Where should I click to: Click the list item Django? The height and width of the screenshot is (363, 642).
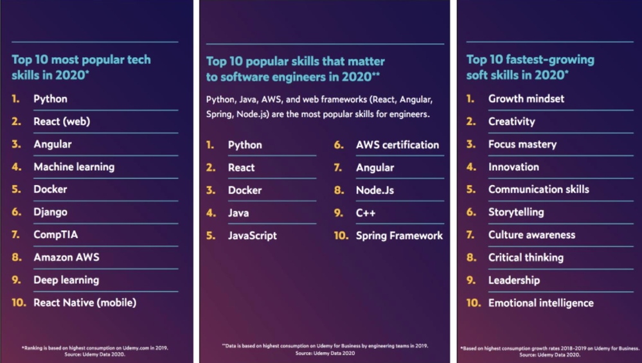tap(50, 212)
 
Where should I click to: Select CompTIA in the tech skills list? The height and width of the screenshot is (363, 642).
tap(55, 235)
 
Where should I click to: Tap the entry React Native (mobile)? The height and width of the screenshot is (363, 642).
tap(85, 303)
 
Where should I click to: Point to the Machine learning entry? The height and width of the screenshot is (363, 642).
tap(74, 167)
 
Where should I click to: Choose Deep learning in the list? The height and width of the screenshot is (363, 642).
tap(66, 280)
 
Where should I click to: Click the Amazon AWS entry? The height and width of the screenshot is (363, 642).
tap(66, 258)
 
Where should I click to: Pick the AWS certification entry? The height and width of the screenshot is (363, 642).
tap(397, 145)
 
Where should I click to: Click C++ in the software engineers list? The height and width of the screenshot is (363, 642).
tap(366, 213)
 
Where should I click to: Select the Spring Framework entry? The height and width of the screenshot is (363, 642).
tap(399, 236)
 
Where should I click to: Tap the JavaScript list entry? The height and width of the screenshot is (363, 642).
tap(252, 236)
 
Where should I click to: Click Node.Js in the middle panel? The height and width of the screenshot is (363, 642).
tap(375, 191)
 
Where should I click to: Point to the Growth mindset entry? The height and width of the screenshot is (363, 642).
tap(526, 99)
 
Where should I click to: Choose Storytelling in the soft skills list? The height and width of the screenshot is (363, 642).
tap(515, 212)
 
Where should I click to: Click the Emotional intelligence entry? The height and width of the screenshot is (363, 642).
tap(540, 303)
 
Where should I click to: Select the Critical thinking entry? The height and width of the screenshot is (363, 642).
tap(526, 258)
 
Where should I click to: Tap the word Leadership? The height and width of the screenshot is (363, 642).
tap(513, 280)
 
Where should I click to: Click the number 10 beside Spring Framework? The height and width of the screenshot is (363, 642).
tap(341, 236)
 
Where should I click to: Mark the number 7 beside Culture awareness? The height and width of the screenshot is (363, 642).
tap(470, 235)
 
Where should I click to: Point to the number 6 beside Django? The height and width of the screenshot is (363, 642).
tap(16, 212)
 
